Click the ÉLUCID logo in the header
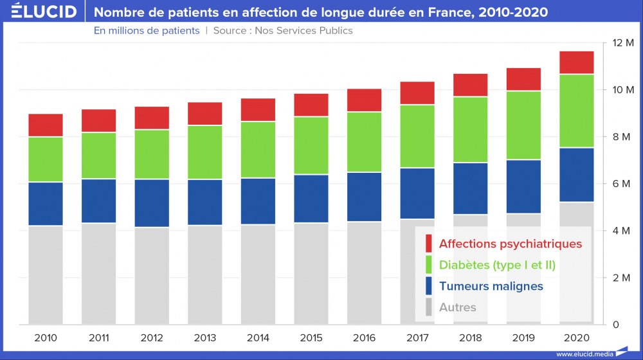point(44,11)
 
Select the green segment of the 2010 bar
point(46,159)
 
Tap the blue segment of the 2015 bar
point(311,199)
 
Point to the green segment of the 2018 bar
point(470,130)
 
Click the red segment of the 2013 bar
point(205,114)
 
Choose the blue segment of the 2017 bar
point(417,193)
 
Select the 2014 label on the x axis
point(258,337)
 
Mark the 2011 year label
point(98,337)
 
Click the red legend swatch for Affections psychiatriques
point(429,244)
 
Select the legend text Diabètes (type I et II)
point(497,265)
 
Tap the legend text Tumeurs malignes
point(491,286)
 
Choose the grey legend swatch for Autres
point(429,307)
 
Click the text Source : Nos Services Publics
point(283,30)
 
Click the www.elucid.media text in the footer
point(584,354)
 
